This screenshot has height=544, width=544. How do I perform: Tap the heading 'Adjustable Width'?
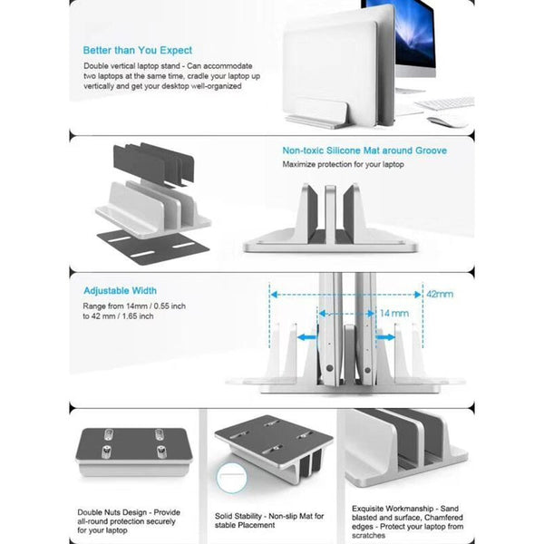coord(120,291)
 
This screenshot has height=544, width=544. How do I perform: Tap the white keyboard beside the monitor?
coord(444,102)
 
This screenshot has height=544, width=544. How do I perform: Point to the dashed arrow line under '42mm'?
coord(345,294)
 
